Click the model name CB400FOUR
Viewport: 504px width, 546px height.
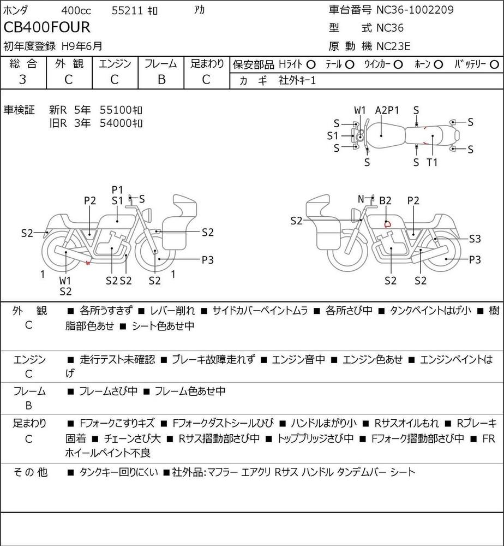47,27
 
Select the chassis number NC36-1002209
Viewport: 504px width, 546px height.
415,10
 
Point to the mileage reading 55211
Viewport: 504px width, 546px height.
127,11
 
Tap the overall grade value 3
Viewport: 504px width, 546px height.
22,79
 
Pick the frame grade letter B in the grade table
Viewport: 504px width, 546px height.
161,79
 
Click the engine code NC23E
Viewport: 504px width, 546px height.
393,46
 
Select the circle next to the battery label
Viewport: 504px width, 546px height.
494,65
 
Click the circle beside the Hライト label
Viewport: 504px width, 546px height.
311,65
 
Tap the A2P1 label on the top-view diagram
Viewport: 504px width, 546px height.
387,110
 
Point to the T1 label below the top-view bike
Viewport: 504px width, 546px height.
432,162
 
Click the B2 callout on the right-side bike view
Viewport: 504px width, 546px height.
385,200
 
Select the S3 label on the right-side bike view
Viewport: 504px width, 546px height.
475,239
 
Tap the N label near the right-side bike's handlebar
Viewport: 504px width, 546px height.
361,199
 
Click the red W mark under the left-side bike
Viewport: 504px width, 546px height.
88,263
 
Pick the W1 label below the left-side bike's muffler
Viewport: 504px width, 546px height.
65,280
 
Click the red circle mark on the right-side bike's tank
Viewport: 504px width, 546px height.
387,224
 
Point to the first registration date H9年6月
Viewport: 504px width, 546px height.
82,46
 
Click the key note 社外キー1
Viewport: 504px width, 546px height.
297,81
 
